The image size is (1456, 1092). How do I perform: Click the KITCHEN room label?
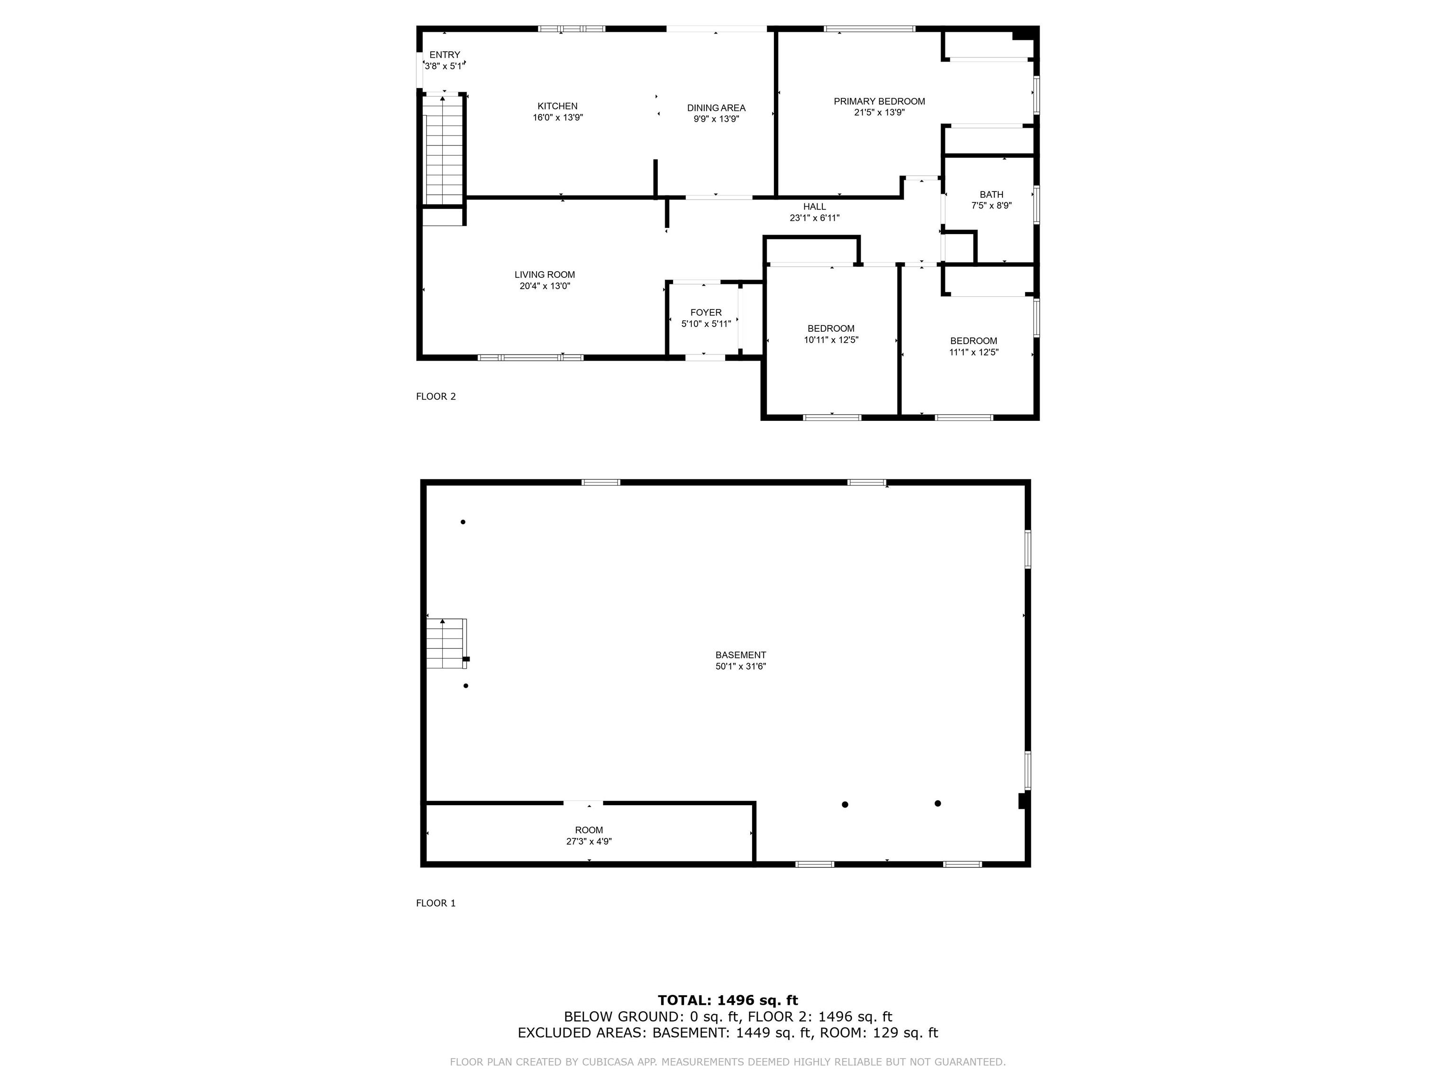click(557, 106)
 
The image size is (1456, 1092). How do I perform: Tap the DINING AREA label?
click(716, 108)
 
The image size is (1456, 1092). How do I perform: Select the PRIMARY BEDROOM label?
click(879, 101)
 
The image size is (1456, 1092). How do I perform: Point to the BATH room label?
click(992, 194)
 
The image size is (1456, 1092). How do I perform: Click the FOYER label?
click(706, 313)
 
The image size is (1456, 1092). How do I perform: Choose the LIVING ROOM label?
click(545, 274)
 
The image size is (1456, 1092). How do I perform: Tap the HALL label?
click(814, 207)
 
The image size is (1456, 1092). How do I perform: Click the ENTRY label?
click(445, 55)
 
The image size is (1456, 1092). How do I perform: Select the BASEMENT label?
click(741, 655)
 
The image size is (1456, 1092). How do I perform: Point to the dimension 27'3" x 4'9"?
click(589, 841)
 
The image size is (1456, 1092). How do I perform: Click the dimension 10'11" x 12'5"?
click(831, 340)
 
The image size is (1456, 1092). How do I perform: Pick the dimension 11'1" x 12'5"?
click(974, 352)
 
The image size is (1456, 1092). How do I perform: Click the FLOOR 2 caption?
click(436, 396)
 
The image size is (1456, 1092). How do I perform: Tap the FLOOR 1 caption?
click(436, 903)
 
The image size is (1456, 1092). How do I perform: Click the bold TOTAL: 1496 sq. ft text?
click(728, 1001)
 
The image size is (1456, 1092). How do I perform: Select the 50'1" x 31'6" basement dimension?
click(741, 666)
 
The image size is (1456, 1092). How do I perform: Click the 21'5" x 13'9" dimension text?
click(879, 112)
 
